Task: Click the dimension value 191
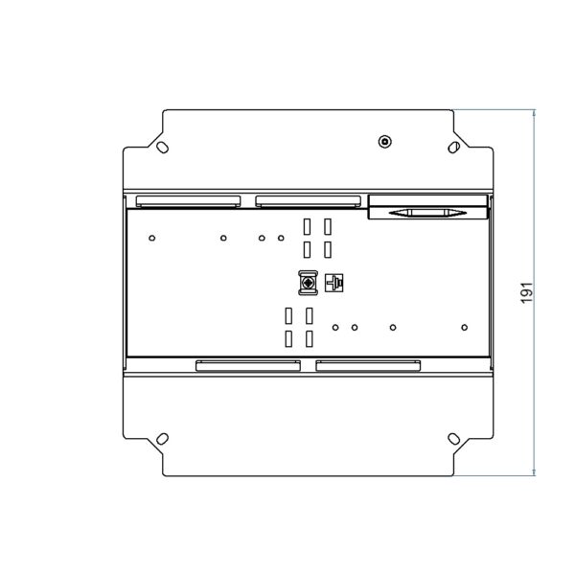tap(526, 292)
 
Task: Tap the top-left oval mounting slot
tap(163, 148)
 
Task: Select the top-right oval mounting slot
tap(454, 148)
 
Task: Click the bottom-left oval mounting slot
tap(163, 439)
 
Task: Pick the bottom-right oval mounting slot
tap(454, 439)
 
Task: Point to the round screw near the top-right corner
tap(384, 142)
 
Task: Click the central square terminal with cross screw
tap(308, 283)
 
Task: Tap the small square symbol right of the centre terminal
tap(334, 283)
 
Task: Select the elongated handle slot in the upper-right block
tap(427, 213)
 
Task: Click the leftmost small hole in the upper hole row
tap(151, 238)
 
